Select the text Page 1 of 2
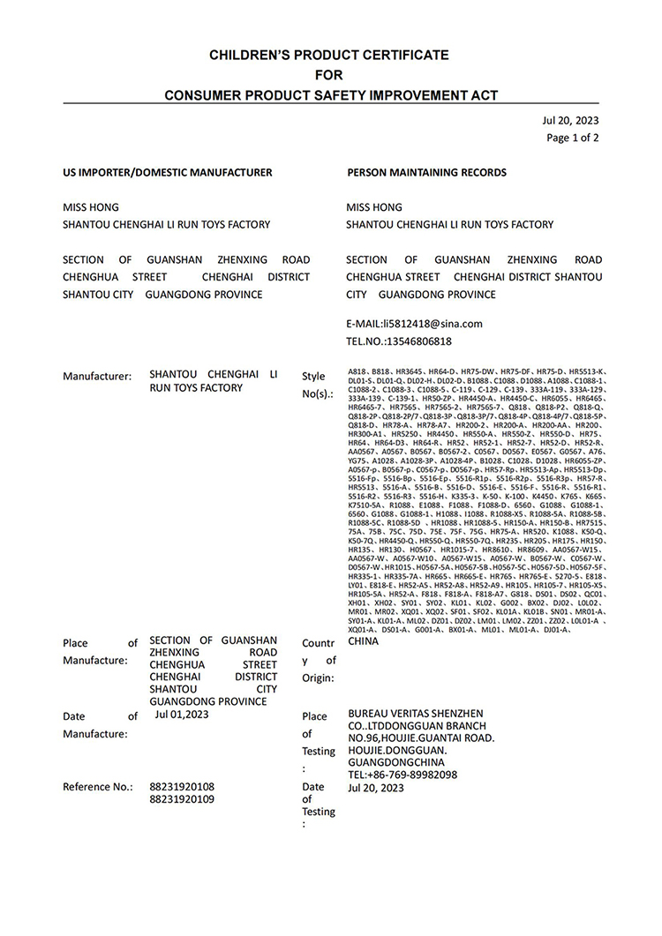coord(573,138)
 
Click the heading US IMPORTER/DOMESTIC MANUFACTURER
coord(168,173)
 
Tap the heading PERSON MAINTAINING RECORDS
coord(426,173)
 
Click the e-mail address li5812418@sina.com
coord(414,324)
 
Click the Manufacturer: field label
coord(97,376)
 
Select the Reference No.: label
coord(97,786)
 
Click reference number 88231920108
coord(182,786)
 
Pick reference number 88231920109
coord(182,800)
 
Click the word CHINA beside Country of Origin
coord(364,641)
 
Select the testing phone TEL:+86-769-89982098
coord(402,775)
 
